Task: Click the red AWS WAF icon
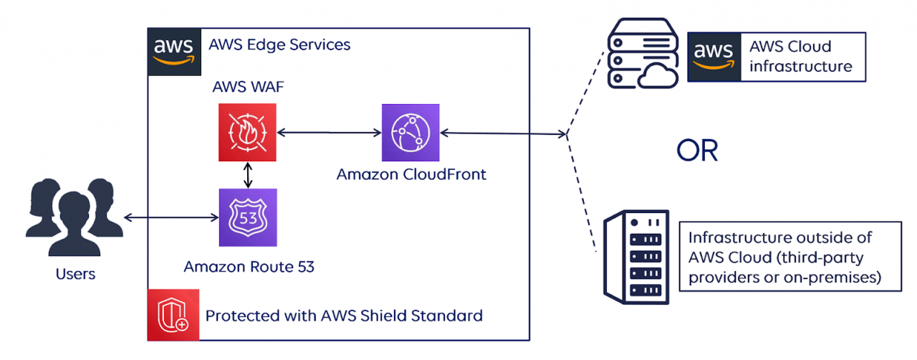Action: pos(248,132)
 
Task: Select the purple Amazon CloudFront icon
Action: pos(411,132)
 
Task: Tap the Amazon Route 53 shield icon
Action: pos(248,217)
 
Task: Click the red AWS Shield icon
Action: pos(172,315)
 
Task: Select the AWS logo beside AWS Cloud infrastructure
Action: pos(714,56)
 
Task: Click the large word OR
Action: pos(696,151)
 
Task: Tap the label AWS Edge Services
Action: pos(279,44)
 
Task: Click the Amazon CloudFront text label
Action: pos(411,174)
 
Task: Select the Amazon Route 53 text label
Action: pos(249,267)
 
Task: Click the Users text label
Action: pos(75,273)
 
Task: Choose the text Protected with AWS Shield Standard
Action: pos(344,316)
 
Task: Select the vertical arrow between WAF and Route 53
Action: pos(248,174)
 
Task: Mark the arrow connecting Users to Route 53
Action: pos(171,217)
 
